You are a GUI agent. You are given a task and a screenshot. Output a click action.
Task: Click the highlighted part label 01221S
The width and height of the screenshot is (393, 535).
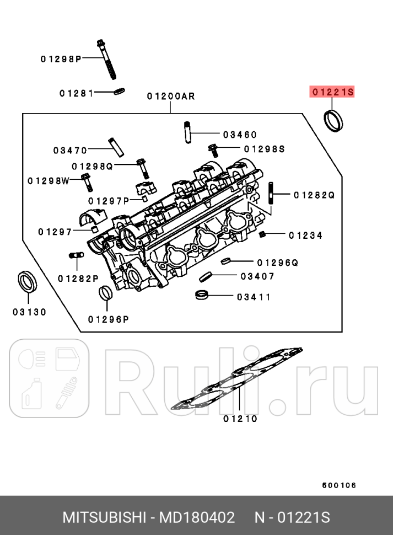(x=332, y=92)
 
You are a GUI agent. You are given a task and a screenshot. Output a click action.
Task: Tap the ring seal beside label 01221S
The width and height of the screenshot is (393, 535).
(x=332, y=121)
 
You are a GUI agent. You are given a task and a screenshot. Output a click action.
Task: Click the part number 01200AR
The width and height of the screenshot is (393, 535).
(x=170, y=96)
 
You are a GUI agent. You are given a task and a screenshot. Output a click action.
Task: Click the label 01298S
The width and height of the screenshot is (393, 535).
(x=264, y=149)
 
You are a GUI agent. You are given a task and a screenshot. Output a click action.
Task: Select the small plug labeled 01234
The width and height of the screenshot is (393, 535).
(x=263, y=235)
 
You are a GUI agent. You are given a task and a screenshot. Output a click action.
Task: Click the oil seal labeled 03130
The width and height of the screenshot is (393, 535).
(x=28, y=282)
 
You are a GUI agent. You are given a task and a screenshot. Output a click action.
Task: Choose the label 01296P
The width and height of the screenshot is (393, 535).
(x=108, y=319)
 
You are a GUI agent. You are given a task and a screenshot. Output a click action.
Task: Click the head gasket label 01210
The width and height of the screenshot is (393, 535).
(x=240, y=418)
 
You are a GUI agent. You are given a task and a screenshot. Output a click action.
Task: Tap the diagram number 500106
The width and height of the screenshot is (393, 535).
(x=339, y=485)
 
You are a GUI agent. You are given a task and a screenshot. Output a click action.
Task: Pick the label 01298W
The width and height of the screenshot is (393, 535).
(x=48, y=180)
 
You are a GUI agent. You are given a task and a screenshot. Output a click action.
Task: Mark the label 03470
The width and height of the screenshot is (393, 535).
(x=70, y=150)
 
